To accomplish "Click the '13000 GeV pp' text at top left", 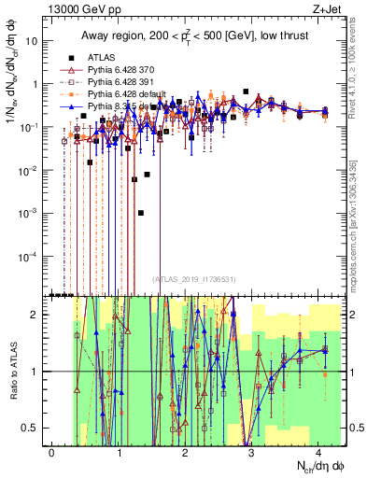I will pyautogui.click(x=81, y=10).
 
